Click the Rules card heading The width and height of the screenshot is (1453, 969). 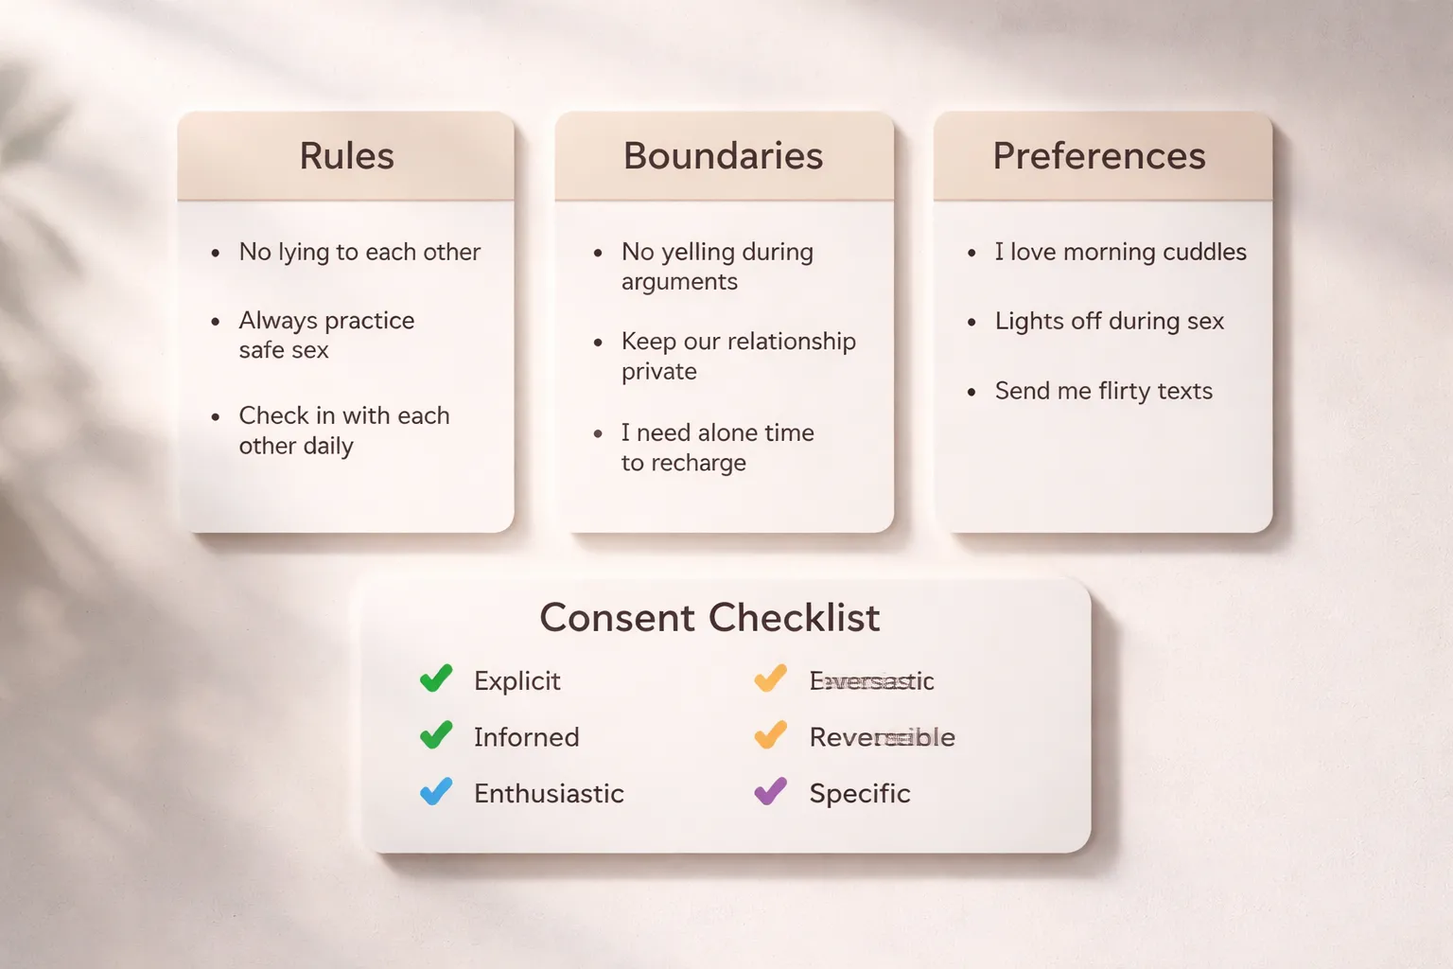tap(346, 156)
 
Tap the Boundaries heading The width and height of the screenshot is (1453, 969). tap(723, 156)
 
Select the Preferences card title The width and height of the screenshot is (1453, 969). tap(1098, 156)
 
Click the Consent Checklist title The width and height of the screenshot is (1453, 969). tap(709, 618)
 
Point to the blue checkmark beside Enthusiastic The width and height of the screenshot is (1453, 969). tap(436, 791)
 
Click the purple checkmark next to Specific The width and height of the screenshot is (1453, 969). tap(770, 791)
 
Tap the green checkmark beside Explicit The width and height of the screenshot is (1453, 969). tap(436, 678)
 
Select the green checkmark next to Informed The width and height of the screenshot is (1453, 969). tap(436, 735)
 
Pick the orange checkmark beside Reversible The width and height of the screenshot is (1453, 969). tap(770, 735)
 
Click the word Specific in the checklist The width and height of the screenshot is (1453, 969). tap(859, 793)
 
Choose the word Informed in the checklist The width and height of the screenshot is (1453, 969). tap(526, 737)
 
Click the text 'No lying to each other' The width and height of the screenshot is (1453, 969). tap(359, 252)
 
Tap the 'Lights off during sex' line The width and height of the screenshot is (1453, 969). tap(1109, 322)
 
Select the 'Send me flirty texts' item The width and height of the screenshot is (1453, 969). tap(1103, 391)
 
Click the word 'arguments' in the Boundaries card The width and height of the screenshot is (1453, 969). tap(679, 282)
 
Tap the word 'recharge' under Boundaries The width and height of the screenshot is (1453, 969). tap(698, 464)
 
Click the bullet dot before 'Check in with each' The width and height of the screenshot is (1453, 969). tap(216, 416)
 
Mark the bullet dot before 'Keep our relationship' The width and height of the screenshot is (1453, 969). tap(598, 343)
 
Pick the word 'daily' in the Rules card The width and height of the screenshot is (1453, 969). tap(328, 447)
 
